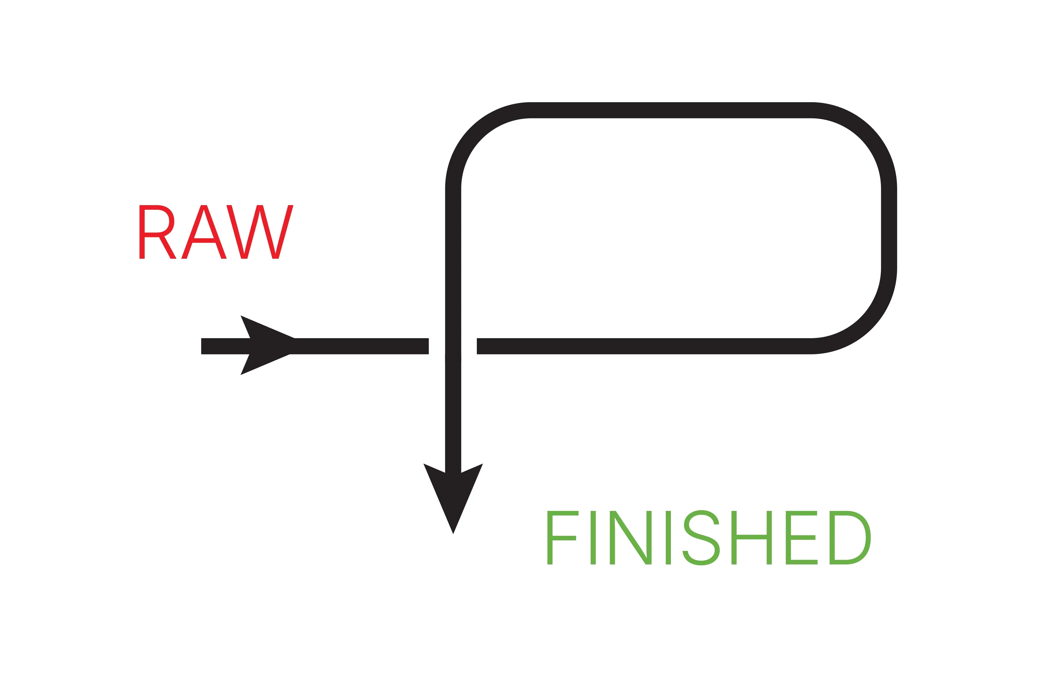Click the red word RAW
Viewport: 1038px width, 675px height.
(216, 232)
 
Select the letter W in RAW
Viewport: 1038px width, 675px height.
(260, 232)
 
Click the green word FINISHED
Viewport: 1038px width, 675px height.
(709, 538)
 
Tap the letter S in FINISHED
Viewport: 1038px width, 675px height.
(701, 538)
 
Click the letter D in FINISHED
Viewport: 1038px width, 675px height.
(849, 538)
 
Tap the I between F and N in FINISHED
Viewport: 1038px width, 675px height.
(593, 538)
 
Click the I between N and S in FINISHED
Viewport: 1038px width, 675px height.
(668, 538)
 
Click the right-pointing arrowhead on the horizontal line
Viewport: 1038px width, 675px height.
(266, 345)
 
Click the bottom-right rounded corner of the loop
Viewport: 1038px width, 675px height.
(866, 323)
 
